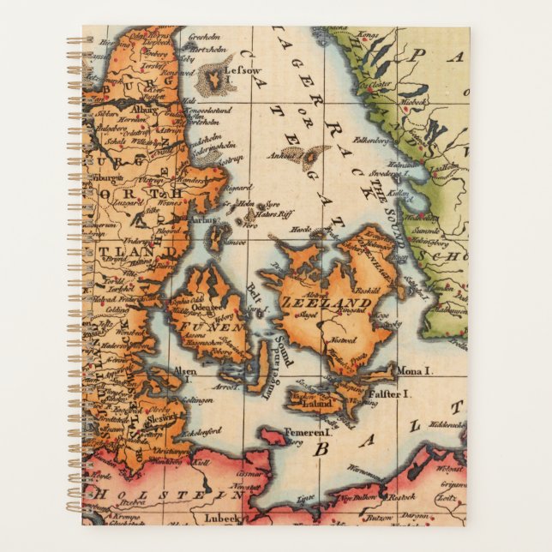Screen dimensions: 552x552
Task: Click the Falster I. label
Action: [390, 393]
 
